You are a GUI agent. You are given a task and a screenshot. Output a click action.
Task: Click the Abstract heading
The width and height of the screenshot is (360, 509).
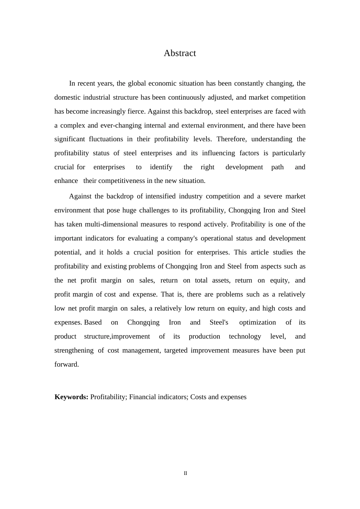(180, 53)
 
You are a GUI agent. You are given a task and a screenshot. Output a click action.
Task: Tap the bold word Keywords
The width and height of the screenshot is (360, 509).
(71, 397)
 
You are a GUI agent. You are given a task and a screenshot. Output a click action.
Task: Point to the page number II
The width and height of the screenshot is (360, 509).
(185, 473)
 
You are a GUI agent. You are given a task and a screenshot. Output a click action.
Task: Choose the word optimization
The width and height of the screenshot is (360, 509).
(257, 322)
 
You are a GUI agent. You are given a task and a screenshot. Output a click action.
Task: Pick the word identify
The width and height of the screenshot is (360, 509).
(161, 167)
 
